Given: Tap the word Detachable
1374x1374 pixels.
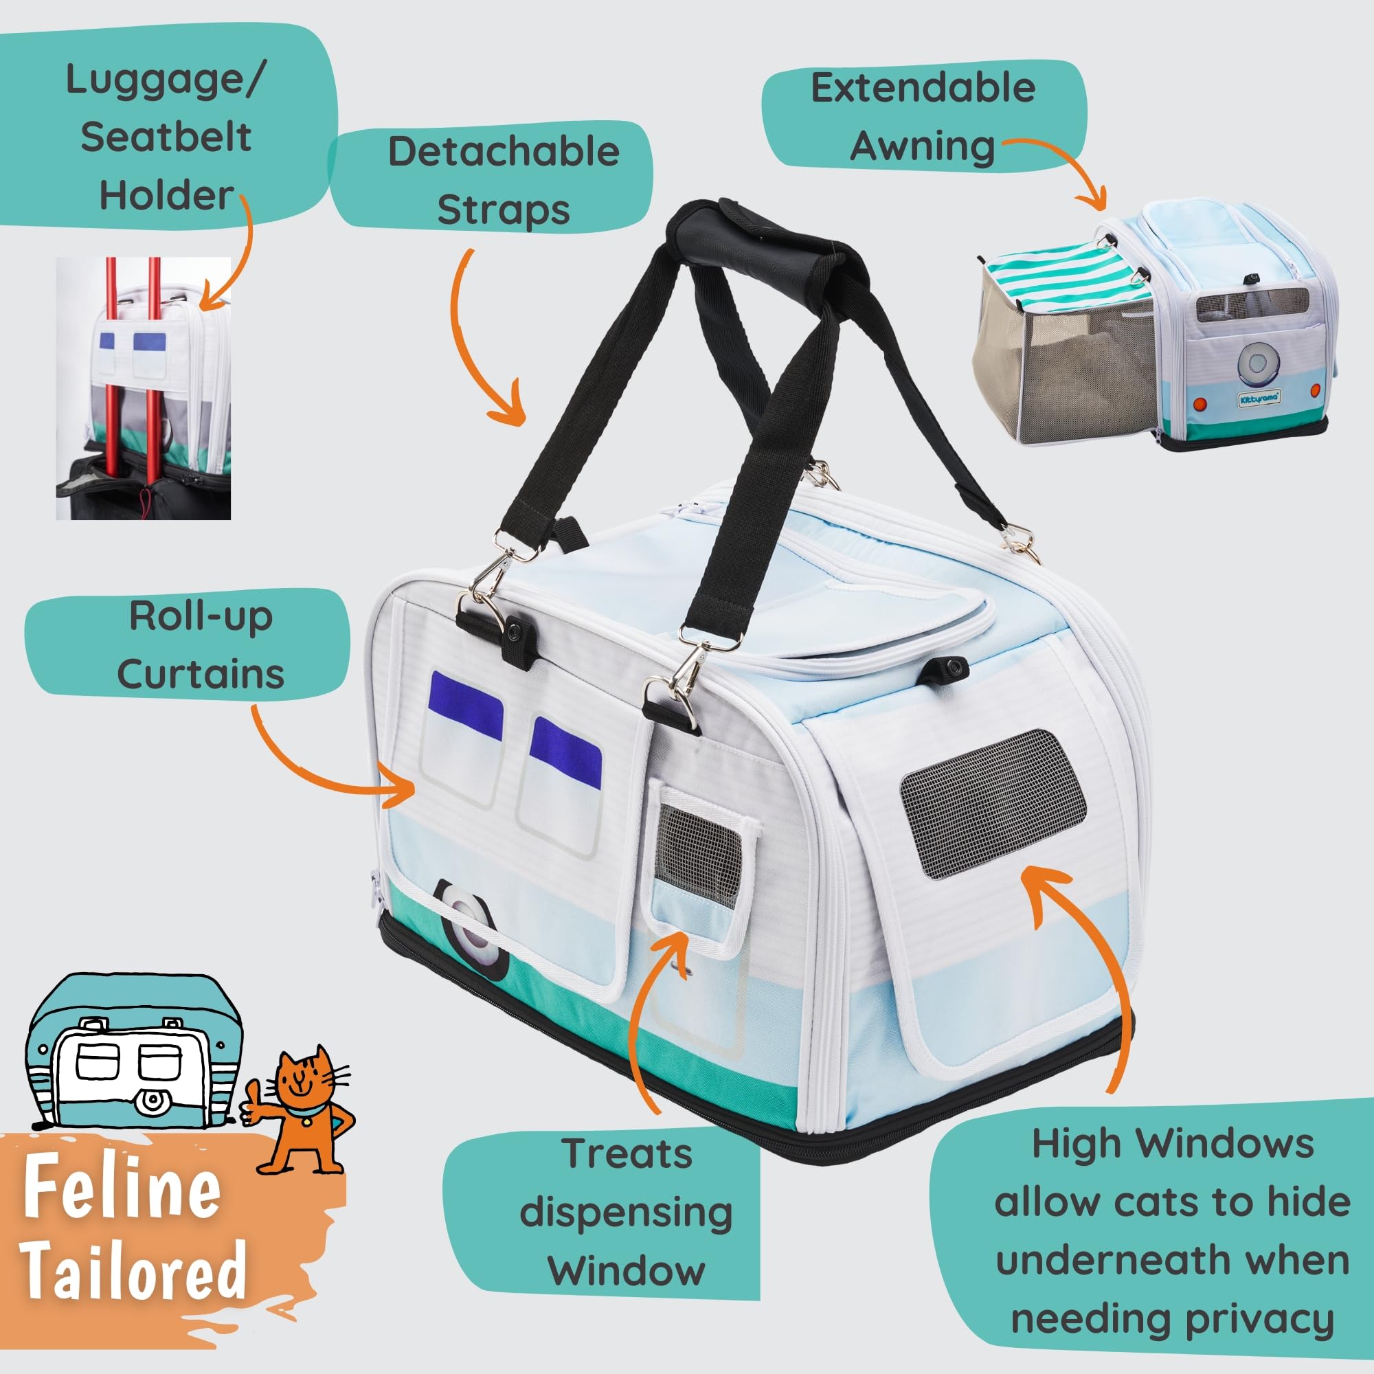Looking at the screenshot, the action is click(x=504, y=150).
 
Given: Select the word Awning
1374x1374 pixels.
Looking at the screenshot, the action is click(x=923, y=147).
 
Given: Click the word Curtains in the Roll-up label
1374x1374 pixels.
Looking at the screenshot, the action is click(x=201, y=673).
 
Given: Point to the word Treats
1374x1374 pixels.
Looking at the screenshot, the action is click(x=627, y=1153).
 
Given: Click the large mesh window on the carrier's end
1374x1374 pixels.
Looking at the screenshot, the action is click(x=993, y=804).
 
